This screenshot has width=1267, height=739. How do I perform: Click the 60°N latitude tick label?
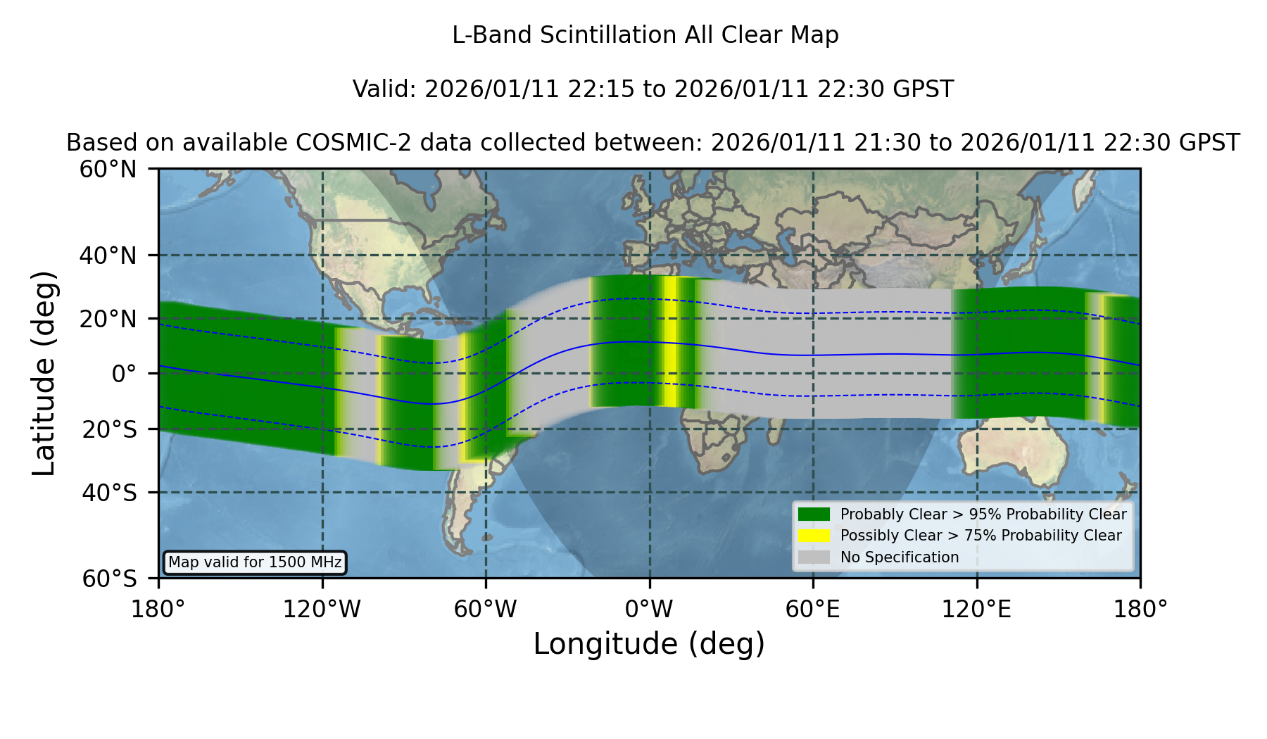(108, 170)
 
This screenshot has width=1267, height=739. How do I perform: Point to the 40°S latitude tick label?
(109, 493)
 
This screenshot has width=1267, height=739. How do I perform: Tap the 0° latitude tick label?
(124, 374)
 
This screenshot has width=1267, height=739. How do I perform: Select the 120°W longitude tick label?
(322, 609)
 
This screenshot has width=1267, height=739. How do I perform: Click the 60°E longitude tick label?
(813, 609)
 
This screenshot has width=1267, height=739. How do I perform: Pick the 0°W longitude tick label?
(649, 609)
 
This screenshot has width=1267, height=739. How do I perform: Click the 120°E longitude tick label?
(976, 609)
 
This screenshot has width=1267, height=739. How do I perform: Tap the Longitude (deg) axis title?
(649, 644)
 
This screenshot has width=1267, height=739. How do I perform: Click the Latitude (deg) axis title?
(44, 373)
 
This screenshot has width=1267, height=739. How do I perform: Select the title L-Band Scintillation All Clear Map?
(645, 35)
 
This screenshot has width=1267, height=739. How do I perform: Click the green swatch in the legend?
(814, 514)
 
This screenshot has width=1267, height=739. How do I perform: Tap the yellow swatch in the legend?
(814, 535)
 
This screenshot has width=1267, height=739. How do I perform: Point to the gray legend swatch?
(814, 557)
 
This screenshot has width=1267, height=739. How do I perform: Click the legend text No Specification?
(900, 557)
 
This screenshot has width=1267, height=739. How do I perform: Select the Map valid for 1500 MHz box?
(255, 562)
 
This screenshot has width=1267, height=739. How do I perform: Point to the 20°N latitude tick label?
(108, 319)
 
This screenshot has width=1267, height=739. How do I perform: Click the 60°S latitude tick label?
(109, 579)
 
